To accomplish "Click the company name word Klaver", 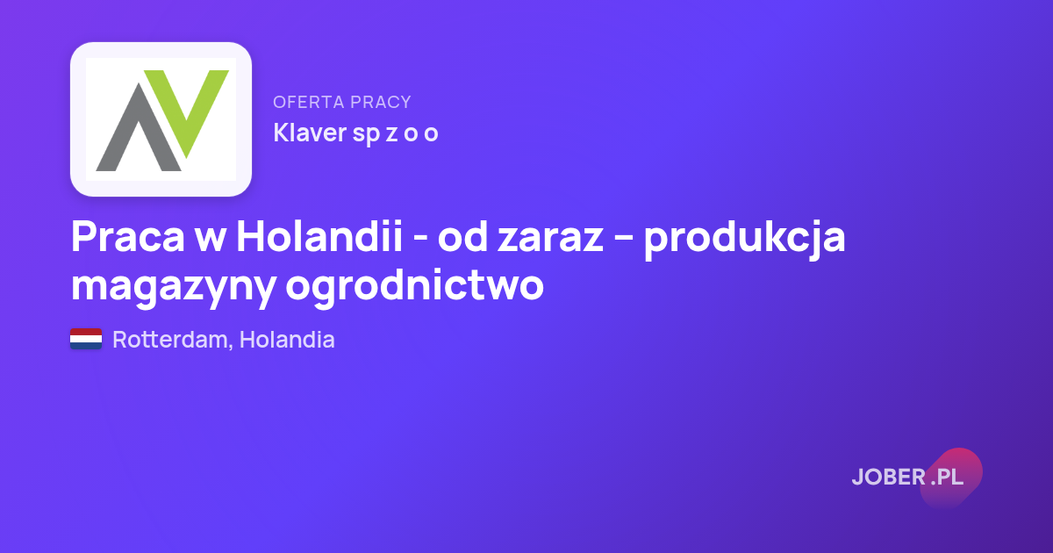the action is [x=310, y=133].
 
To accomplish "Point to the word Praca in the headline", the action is [x=128, y=236].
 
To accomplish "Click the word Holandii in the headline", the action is [x=319, y=235].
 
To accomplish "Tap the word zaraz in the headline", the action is [x=550, y=240].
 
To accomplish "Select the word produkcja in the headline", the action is [x=745, y=240].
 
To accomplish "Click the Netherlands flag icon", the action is [x=86, y=339].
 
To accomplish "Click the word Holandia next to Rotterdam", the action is [x=287, y=339].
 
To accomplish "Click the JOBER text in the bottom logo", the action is [x=889, y=477].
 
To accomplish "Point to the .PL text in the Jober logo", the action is [x=947, y=477].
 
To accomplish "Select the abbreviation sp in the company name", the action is [x=366, y=134].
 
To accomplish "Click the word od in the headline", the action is [x=462, y=236].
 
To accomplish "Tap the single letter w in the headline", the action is [x=210, y=240].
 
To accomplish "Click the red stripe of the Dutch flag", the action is [x=86, y=332].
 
